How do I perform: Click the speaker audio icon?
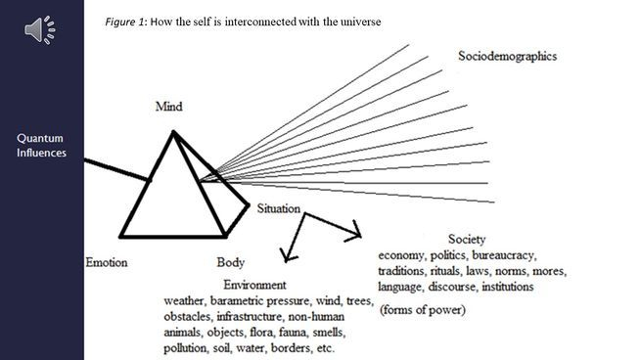(x=40, y=30)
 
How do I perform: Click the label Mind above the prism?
(x=169, y=107)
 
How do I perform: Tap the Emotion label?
(x=107, y=262)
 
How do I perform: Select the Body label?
(x=231, y=262)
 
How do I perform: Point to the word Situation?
(x=278, y=208)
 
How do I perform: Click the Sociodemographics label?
(x=507, y=56)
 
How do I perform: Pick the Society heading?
(x=467, y=239)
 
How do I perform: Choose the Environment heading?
(x=254, y=285)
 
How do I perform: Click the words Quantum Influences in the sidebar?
(x=41, y=146)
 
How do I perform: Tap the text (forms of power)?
(x=423, y=310)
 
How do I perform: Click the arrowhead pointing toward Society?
(x=355, y=232)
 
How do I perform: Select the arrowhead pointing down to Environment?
(x=289, y=255)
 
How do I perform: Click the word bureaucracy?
(x=504, y=255)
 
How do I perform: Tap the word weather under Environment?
(x=185, y=301)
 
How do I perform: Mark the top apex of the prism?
(x=173, y=132)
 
